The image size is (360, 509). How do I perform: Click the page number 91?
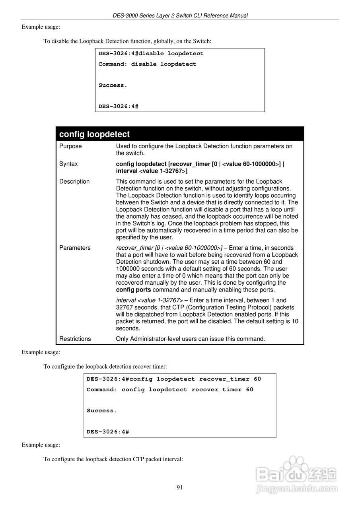tap(179, 488)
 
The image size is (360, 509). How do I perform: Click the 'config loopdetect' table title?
tap(94, 134)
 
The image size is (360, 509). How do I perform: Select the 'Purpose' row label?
tap(70, 146)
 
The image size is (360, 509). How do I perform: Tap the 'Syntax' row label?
tap(68, 164)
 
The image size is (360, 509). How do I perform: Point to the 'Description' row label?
tap(74, 182)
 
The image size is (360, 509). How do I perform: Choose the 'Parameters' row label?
tap(75, 248)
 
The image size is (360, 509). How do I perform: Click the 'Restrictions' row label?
tap(75, 339)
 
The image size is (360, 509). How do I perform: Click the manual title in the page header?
tap(180, 16)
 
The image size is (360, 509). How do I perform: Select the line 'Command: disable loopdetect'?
tap(147, 64)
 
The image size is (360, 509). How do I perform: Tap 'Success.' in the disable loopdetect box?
tap(113, 85)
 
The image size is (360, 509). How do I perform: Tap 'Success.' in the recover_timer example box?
tap(102, 411)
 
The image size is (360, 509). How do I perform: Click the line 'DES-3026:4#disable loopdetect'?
tap(151, 54)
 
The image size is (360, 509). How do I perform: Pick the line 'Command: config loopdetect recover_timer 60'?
tap(170, 390)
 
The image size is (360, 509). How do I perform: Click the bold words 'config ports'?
tap(133, 290)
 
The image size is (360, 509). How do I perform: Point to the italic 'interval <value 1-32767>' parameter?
tap(149, 301)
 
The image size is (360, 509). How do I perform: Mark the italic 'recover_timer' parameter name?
tap(134, 248)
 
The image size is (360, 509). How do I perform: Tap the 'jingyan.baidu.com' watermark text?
tap(297, 489)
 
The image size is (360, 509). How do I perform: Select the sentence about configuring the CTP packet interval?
tap(113, 459)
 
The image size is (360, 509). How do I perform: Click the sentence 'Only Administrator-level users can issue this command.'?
tap(190, 339)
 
